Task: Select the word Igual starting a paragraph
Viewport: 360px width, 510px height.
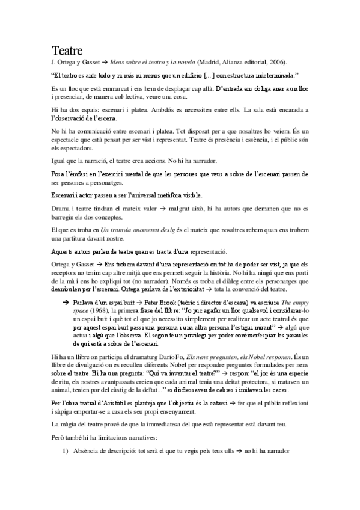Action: pyautogui.click(x=61, y=161)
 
